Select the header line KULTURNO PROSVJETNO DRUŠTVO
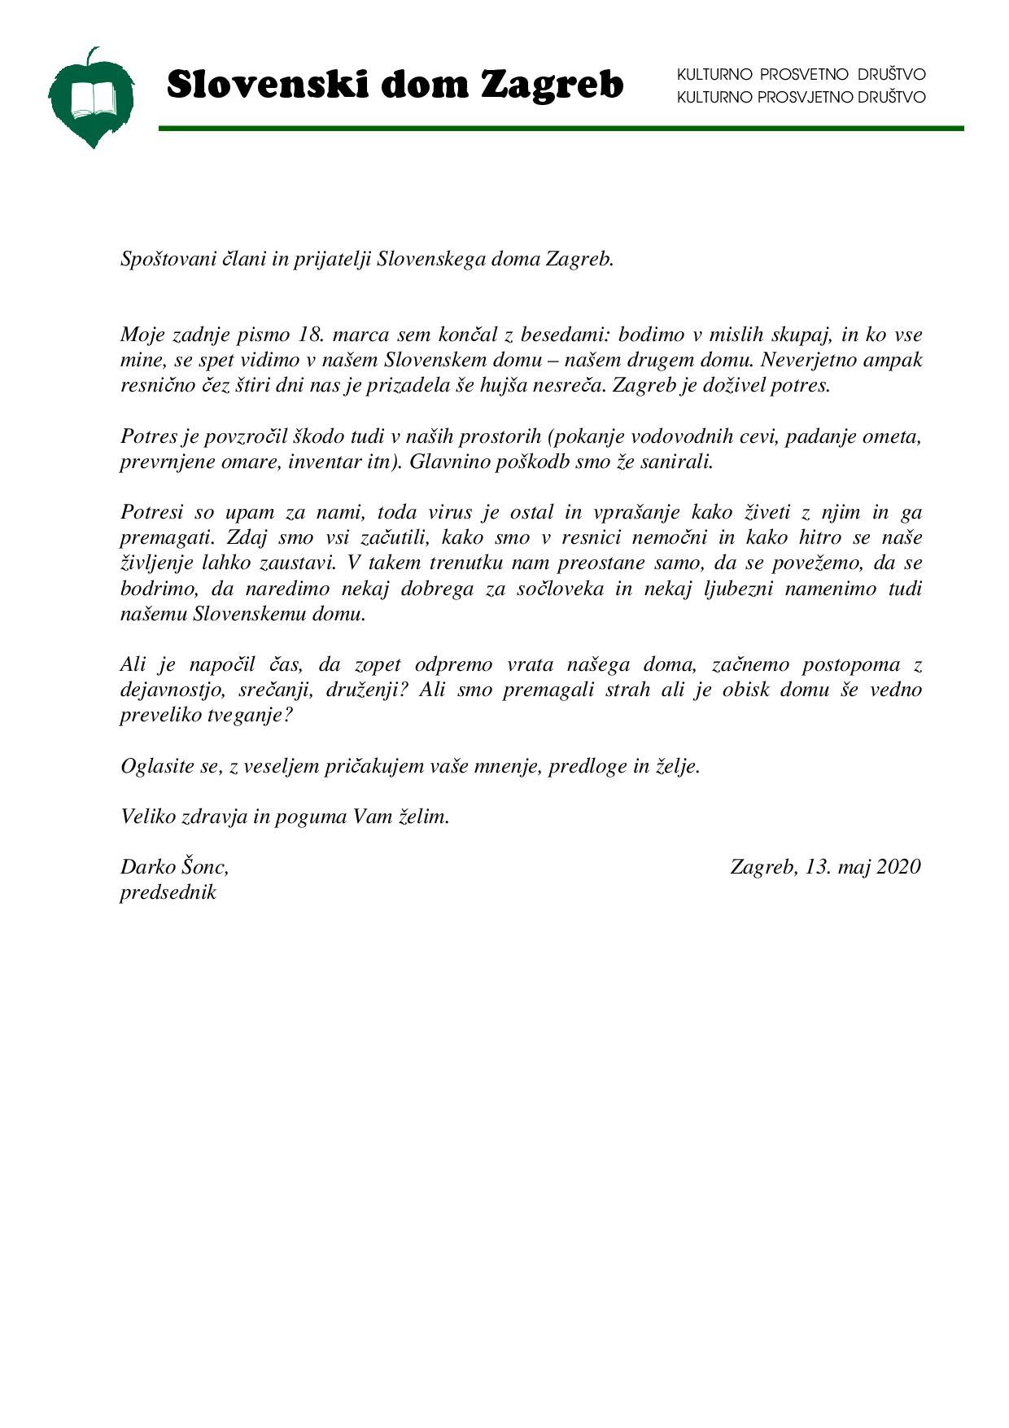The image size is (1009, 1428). tap(801, 98)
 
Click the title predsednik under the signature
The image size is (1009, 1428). tap(168, 892)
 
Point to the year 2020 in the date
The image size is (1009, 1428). tap(898, 867)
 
